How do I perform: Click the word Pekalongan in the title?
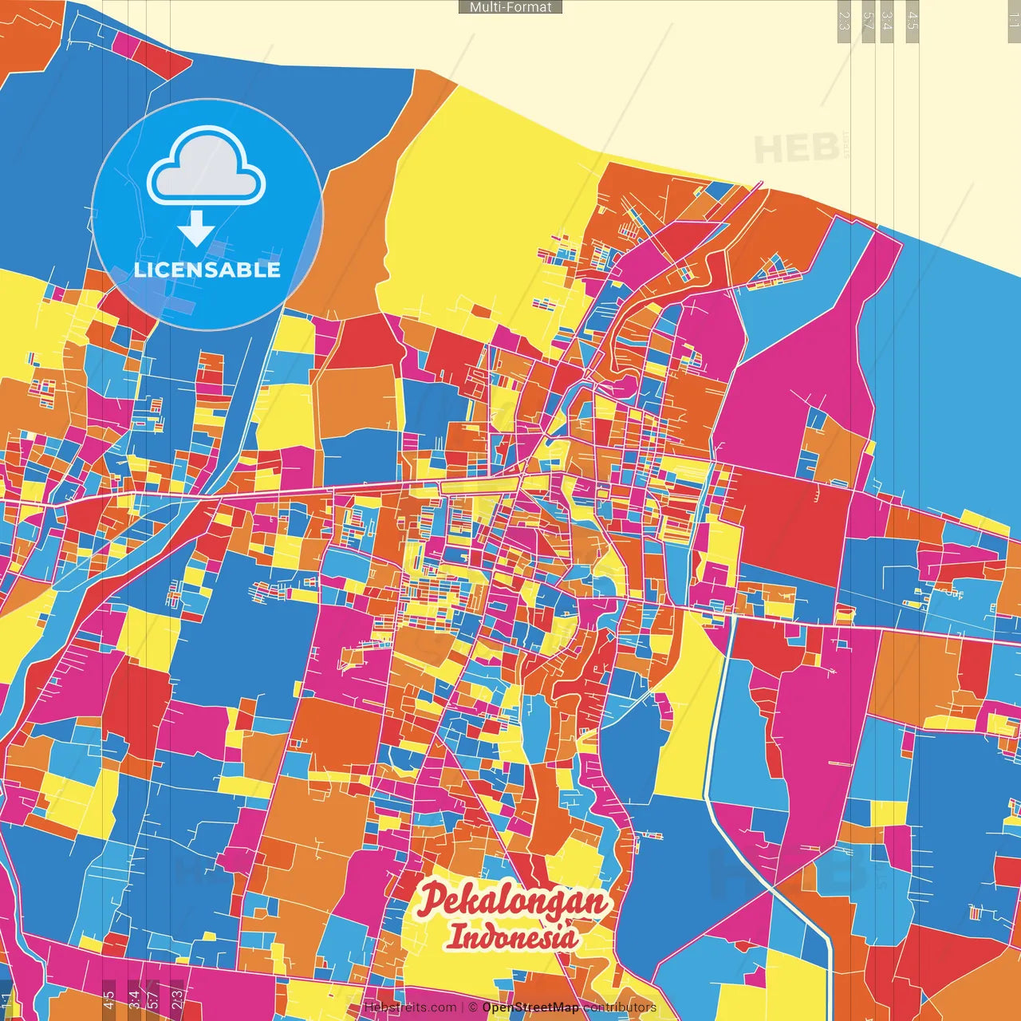coord(514,901)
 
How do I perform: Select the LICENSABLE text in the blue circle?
coord(207,270)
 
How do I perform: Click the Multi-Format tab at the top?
coord(510,7)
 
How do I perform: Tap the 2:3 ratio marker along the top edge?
coord(844,21)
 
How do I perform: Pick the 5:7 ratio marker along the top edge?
coord(868,21)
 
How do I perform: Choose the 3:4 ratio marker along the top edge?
coord(887,21)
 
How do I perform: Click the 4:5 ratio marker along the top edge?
coord(913,21)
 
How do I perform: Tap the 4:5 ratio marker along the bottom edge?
coord(108,999)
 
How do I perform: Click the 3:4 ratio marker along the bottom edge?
coord(134,999)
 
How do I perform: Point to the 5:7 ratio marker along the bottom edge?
coord(153,999)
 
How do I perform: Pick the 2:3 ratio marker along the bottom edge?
coord(177,999)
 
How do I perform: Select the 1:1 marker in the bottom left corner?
coord(7,999)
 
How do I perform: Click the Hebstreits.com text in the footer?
coord(410,1007)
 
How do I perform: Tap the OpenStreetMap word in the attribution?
coord(530,1007)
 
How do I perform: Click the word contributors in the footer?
coord(620,1007)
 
